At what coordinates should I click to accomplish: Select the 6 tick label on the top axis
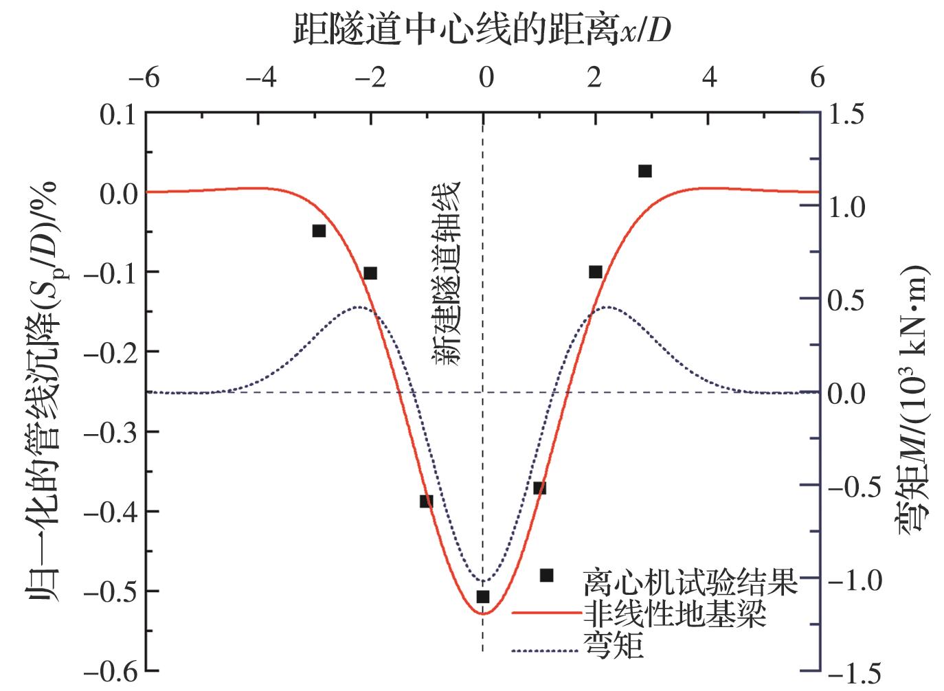click(x=817, y=78)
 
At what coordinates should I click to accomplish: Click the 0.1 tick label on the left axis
click(x=118, y=114)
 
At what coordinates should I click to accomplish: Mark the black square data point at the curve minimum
click(x=482, y=596)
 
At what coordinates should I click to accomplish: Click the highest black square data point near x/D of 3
click(x=644, y=171)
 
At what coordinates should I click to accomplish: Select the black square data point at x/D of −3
click(x=319, y=231)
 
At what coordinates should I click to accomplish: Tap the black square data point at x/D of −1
click(x=427, y=501)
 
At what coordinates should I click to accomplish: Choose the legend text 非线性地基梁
click(x=674, y=613)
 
